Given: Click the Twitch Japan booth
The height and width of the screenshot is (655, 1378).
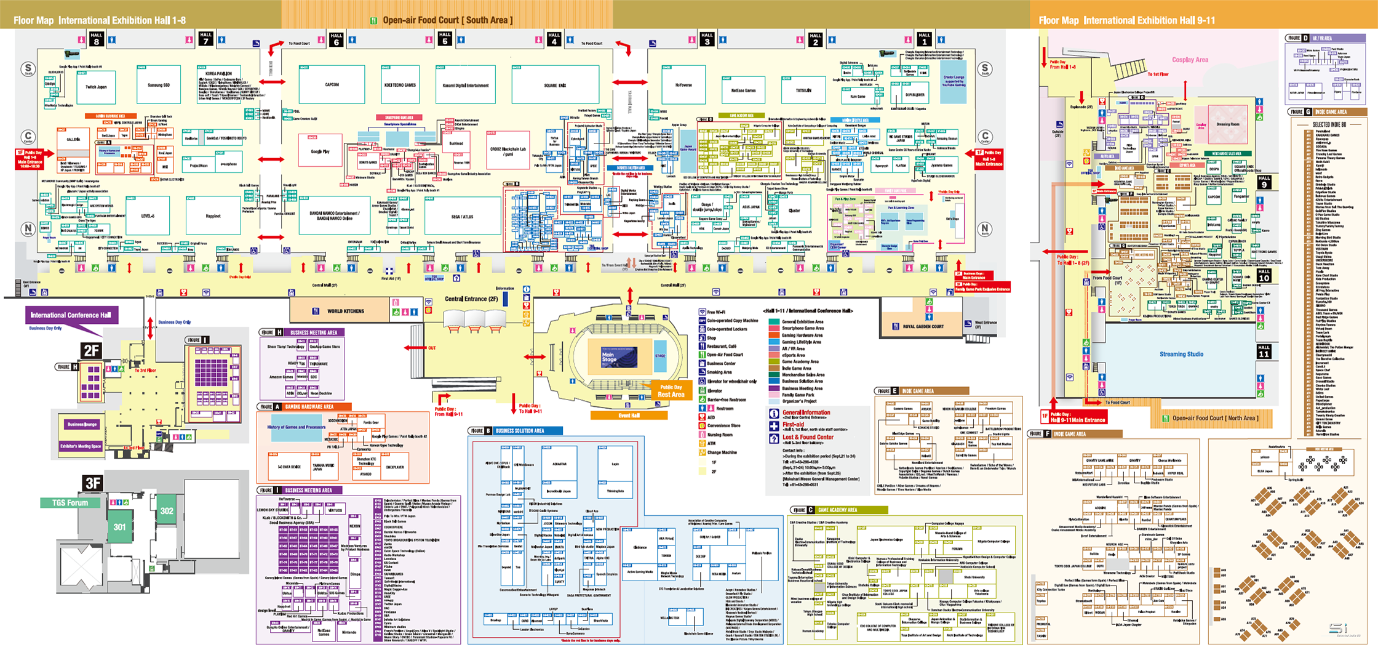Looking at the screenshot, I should click(96, 87).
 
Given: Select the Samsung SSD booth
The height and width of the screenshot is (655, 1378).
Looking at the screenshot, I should click(159, 85).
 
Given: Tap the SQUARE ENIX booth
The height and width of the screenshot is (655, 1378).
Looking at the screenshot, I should click(555, 86).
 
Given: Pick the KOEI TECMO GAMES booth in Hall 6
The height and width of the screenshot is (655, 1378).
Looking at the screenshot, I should click(400, 85).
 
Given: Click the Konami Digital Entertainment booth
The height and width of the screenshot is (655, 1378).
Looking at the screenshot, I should click(466, 86).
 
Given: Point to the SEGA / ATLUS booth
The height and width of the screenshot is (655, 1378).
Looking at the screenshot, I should click(463, 217).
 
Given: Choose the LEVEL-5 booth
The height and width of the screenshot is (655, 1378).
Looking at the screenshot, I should click(148, 216).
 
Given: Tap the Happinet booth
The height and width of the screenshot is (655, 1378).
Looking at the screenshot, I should click(213, 216).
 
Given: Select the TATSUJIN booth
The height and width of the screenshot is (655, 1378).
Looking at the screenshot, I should click(803, 90).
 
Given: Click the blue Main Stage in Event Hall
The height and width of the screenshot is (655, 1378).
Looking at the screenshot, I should click(619, 356).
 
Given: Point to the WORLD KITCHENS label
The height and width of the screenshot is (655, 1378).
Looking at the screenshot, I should click(346, 311).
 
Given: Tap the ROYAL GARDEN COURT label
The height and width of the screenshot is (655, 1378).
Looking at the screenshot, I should click(923, 326).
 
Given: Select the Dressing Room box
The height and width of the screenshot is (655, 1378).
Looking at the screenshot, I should click(1228, 124).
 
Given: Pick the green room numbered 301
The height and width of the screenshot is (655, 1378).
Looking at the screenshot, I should click(119, 527).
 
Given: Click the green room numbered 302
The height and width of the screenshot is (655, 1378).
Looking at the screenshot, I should click(167, 510).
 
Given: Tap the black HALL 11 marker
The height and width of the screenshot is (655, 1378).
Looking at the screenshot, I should click(1264, 351).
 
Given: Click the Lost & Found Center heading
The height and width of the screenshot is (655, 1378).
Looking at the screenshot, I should click(808, 437).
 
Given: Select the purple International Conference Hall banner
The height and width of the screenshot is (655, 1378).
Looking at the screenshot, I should click(71, 315).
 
